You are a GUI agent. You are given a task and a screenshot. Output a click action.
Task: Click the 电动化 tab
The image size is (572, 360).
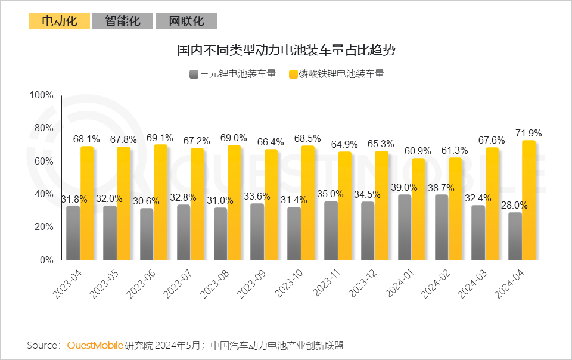59,21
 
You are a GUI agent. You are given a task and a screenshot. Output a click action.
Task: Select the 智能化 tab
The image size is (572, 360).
123,21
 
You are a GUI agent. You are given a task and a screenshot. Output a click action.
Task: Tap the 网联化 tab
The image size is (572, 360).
186,21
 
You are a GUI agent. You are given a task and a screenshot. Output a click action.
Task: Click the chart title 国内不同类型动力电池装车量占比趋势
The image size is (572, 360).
286,50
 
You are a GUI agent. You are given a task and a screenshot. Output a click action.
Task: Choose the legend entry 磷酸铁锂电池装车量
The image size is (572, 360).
336,74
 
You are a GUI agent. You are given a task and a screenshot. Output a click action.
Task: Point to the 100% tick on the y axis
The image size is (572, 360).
42,95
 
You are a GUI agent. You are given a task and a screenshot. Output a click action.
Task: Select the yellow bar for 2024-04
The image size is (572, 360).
529,200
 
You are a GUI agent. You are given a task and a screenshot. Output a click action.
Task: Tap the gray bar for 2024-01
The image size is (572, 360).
405,227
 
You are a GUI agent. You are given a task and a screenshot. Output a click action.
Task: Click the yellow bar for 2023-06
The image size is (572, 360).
161,202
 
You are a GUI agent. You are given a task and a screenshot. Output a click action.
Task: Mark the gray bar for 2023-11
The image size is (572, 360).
331,230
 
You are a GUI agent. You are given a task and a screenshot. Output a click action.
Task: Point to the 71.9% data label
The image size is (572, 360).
528,132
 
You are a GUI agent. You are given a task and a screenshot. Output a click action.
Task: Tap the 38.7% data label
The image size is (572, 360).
442,187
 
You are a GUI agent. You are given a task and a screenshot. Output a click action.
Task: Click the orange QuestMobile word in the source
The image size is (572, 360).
95,345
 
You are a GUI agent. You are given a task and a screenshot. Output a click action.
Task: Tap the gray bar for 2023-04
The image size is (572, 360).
73,232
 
